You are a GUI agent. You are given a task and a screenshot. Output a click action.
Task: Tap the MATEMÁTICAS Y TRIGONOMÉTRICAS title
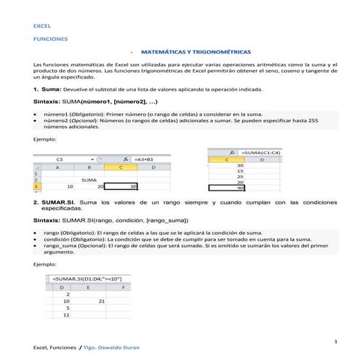tap(196, 52)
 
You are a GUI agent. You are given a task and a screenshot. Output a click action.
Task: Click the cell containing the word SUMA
tap(89, 180)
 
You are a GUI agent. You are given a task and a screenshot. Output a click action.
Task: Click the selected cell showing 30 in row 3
tap(123, 187)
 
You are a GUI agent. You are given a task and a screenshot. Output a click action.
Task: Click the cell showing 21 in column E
tap(101, 300)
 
